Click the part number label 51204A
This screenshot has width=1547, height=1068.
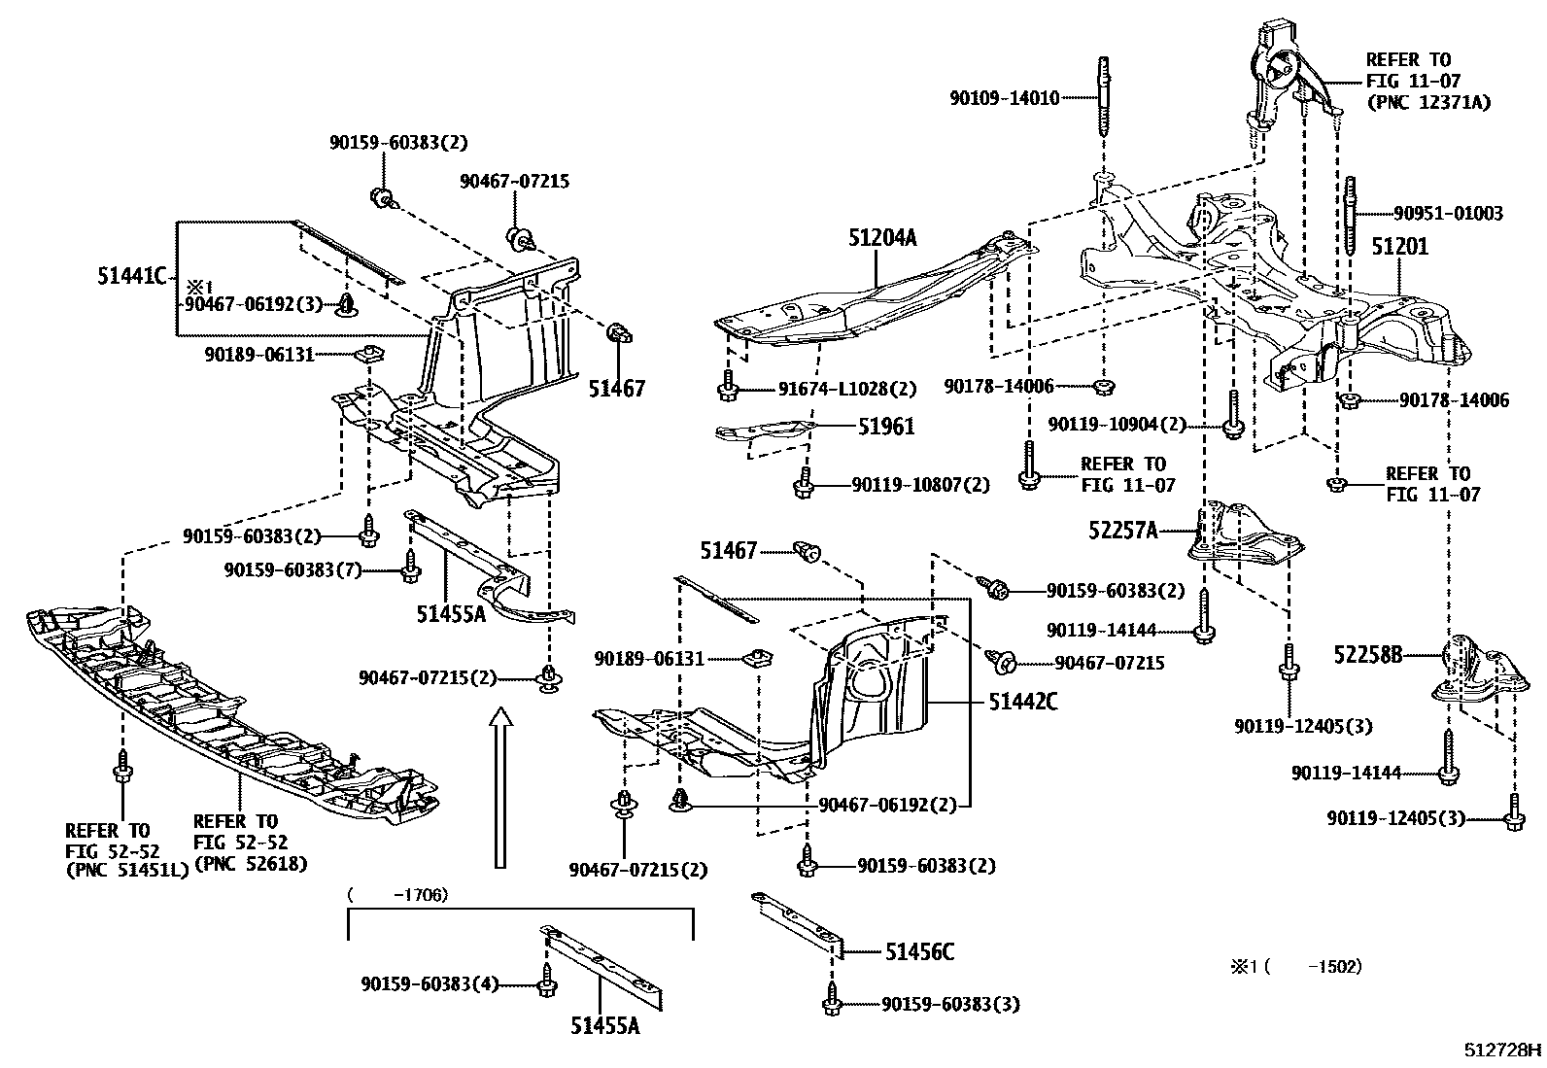881,237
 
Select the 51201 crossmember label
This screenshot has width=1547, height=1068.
1399,247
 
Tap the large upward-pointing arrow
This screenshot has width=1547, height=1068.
500,787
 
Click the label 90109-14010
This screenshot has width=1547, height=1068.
1005,97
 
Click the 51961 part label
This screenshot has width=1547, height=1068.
885,427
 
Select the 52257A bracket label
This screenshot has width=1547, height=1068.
1123,530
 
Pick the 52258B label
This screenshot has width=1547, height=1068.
1367,656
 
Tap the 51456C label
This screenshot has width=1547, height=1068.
919,952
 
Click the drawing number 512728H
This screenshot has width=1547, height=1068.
1503,1051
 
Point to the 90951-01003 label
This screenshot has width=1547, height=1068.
1447,214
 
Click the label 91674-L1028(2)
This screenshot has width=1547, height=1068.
846,390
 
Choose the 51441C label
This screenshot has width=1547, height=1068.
131,276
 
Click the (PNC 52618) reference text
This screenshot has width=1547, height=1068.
251,863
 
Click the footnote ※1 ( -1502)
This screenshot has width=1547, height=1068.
1296,966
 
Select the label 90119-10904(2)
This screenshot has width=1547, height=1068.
1117,425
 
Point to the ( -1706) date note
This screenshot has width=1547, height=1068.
398,894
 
